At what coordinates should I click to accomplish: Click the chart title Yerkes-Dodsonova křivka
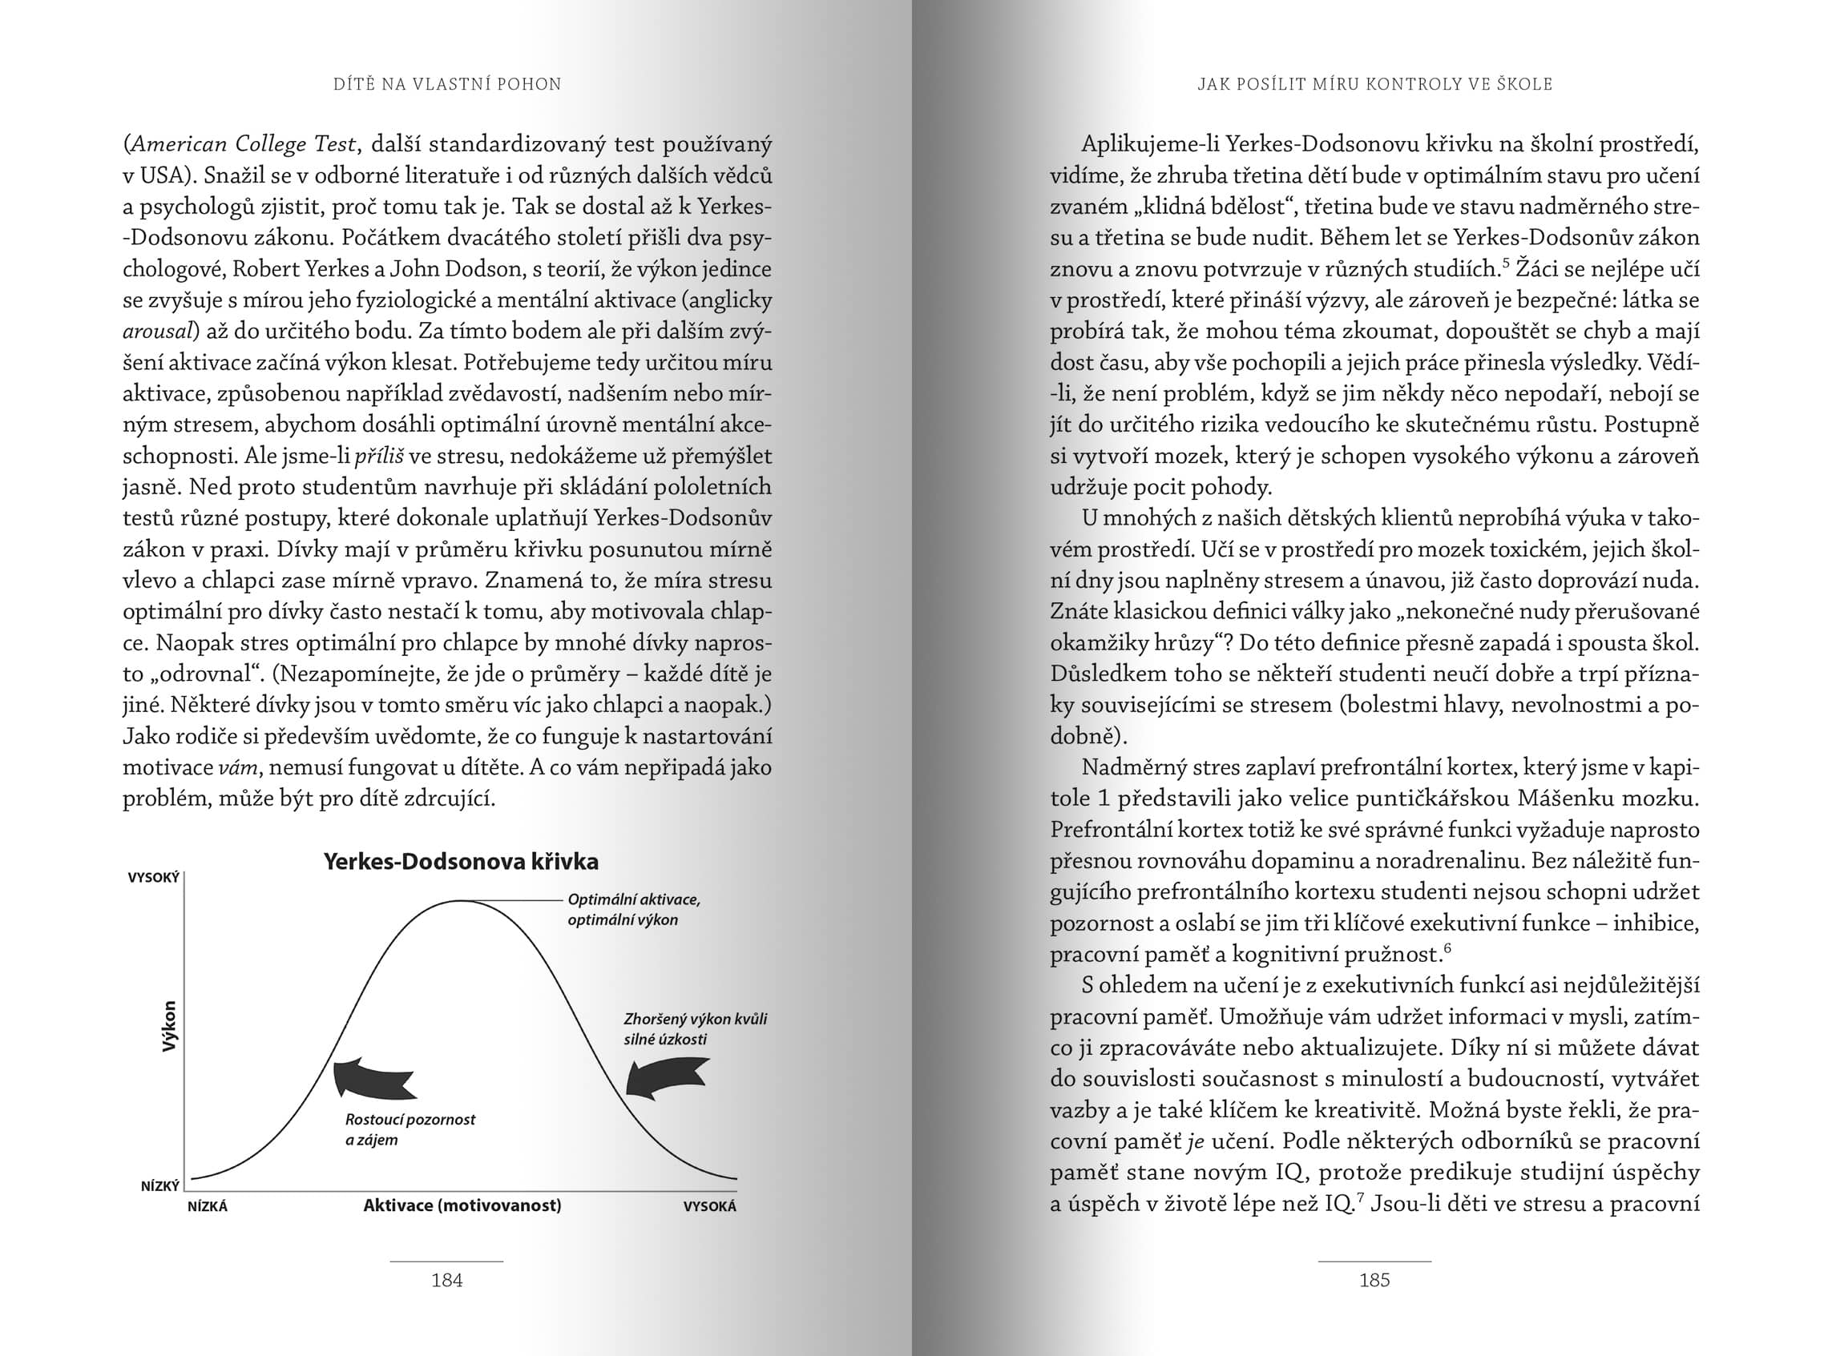461,862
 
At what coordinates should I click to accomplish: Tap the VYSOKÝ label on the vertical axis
154,879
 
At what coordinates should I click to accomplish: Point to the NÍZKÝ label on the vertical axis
159,1186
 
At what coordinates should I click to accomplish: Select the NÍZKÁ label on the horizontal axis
207,1206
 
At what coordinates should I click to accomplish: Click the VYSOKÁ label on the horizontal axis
709,1206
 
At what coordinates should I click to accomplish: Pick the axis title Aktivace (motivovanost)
462,1205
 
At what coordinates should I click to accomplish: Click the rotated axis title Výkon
169,1026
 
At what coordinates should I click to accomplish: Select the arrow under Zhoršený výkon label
666,1076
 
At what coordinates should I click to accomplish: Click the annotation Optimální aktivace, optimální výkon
633,909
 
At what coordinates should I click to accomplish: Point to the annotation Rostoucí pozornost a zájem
409,1129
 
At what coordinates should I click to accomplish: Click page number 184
446,1280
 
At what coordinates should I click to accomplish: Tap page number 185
1374,1280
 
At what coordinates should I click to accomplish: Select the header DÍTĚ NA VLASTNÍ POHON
447,84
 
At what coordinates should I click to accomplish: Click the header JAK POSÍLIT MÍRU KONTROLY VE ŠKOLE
1374,84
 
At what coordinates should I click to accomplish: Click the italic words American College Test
243,144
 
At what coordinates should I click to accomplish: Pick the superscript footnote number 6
1447,949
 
